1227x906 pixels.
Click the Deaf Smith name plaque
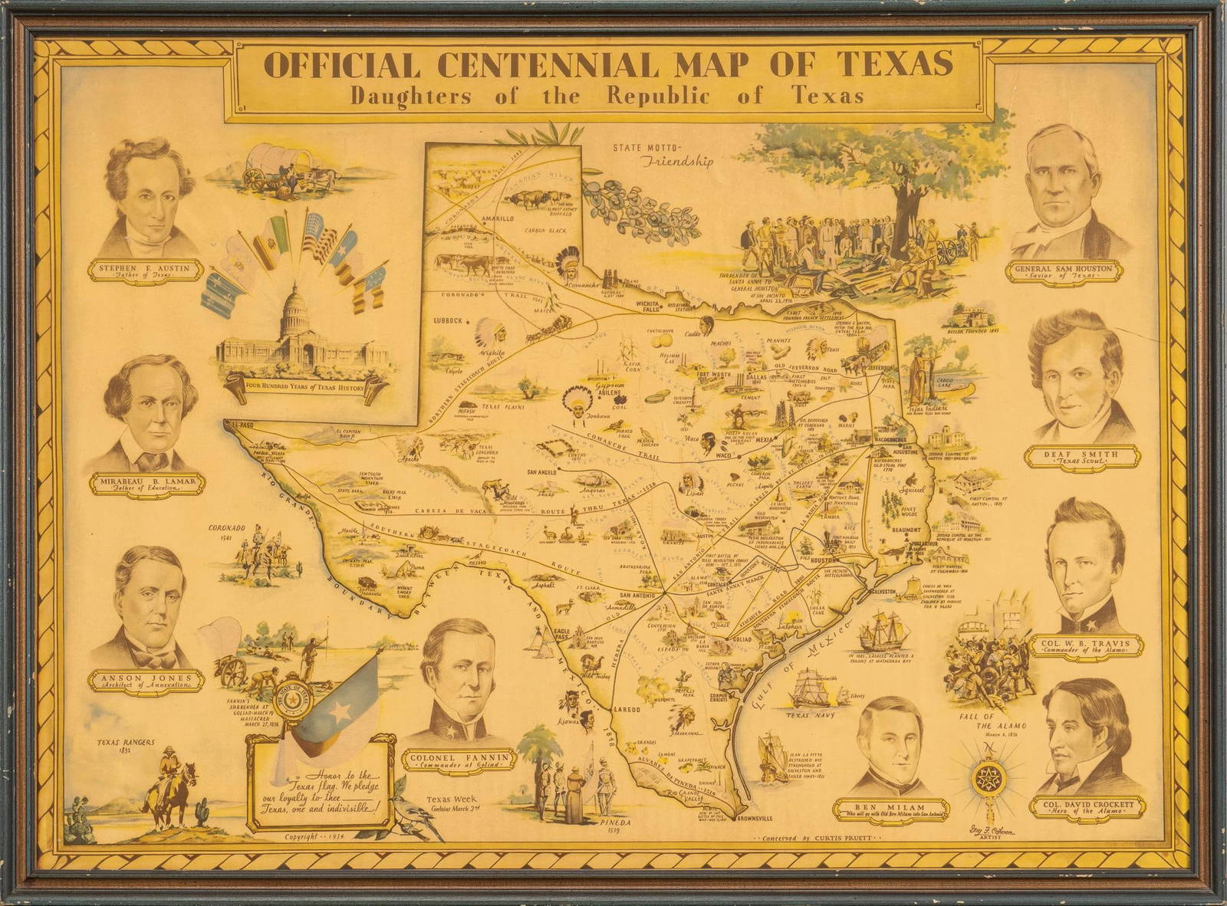coord(1081,458)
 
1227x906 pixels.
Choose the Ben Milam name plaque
coord(890,809)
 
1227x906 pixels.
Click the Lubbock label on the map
coord(450,320)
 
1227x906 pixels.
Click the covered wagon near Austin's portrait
coord(270,166)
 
